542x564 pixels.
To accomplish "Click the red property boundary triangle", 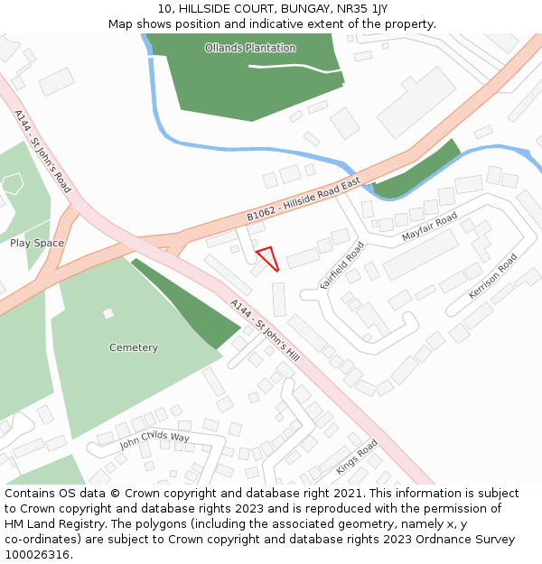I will tap(267, 257).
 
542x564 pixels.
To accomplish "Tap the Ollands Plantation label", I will tap(249, 48).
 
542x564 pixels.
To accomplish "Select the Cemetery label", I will tap(134, 347).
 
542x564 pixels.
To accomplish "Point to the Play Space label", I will tap(37, 243).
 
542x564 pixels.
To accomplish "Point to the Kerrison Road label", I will tap(493, 276).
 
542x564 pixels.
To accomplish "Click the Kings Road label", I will tap(357, 457).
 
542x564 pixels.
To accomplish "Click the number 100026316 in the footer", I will tap(36, 554).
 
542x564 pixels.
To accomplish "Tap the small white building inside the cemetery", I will tap(108, 313).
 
